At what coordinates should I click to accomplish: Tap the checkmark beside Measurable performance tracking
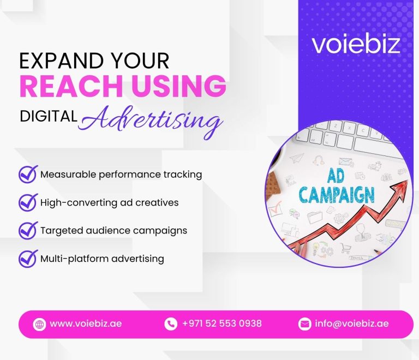(27, 175)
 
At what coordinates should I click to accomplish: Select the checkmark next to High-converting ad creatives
(27, 202)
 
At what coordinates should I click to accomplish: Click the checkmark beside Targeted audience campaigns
(27, 230)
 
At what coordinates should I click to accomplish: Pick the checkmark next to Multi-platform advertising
(27, 258)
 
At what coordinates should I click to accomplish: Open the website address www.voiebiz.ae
(86, 323)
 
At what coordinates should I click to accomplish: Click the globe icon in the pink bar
(39, 324)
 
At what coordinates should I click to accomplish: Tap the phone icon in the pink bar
(171, 324)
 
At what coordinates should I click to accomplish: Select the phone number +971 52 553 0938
(222, 323)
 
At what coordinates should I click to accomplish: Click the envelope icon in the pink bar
(304, 324)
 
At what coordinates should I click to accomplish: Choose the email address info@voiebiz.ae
(352, 323)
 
